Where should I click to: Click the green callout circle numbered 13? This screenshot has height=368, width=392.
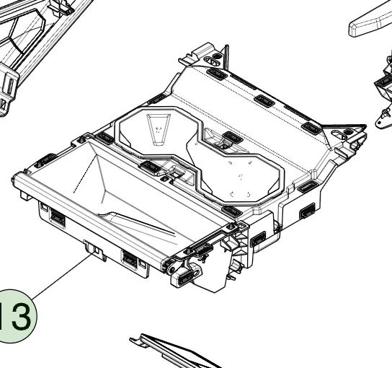point(15,316)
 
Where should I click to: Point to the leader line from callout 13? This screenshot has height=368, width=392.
point(62,276)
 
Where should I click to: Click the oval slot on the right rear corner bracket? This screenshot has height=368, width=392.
point(339,134)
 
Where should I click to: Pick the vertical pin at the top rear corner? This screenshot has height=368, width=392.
point(226,57)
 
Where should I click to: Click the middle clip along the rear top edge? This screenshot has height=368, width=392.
point(264,100)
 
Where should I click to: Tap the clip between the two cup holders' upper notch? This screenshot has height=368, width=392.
point(232,137)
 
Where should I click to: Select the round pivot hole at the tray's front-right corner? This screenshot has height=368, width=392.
point(172,271)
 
